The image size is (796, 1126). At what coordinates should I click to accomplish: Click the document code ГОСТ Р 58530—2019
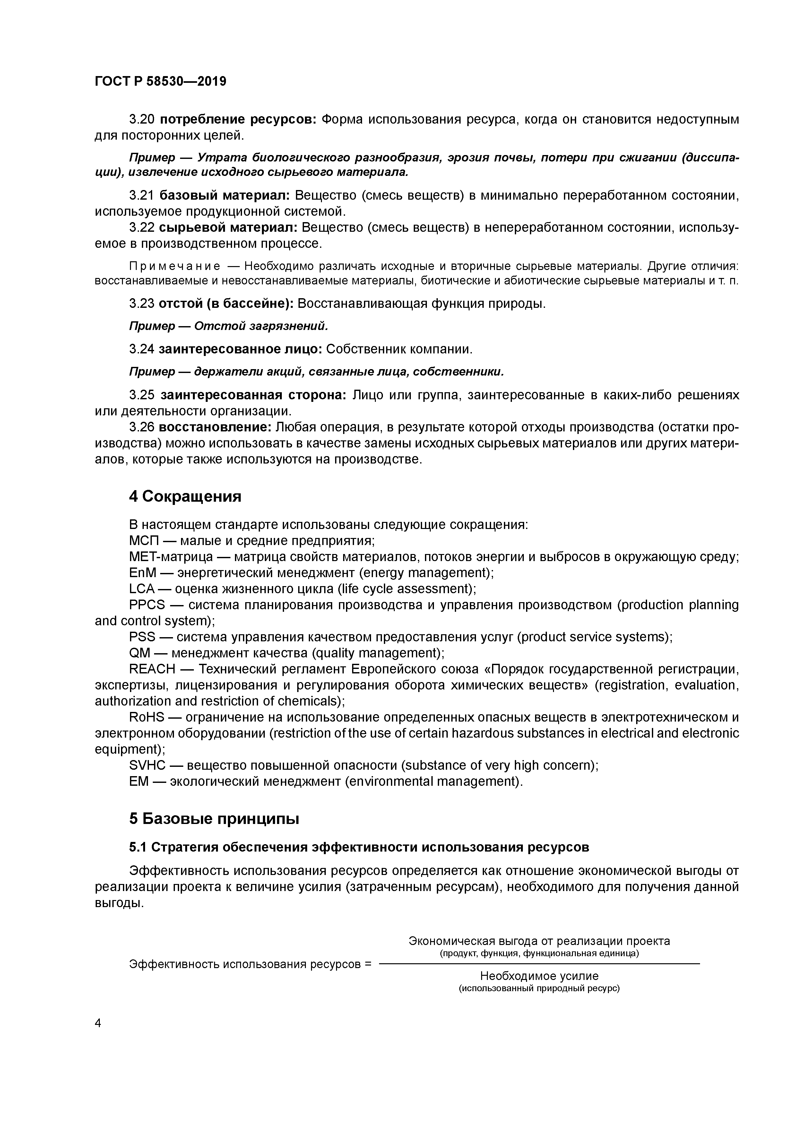coord(160,82)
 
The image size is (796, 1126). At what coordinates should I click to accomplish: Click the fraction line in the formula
coord(540,964)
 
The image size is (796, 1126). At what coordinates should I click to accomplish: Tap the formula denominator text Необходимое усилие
coord(539,976)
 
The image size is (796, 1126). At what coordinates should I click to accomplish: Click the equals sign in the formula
coord(368,964)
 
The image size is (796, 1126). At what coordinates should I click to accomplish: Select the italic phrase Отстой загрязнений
coord(260,326)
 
